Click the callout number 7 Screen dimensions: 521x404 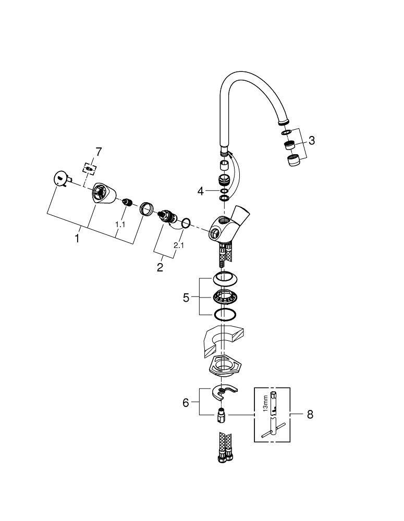pos(99,152)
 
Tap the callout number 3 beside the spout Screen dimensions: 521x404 pos(311,140)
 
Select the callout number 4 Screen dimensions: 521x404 pos(201,191)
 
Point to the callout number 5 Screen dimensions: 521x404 pos(186,297)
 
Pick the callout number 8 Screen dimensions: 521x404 pos(310,415)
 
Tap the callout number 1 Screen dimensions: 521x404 pos(77,239)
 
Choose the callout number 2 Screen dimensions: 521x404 pos(160,267)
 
